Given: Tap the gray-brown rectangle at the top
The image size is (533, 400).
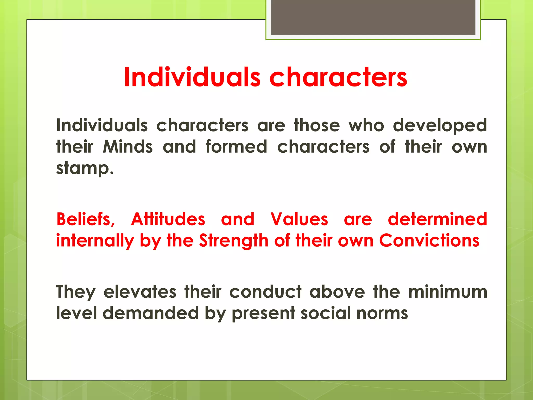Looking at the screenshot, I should click(x=373, y=17).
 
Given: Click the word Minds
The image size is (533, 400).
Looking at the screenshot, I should click(x=128, y=147).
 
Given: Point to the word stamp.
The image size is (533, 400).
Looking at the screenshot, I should click(x=85, y=168).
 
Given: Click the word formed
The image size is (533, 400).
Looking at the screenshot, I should click(x=236, y=147).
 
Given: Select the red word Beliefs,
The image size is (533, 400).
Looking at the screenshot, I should click(x=86, y=219).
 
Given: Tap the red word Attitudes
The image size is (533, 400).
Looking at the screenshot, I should click(x=168, y=219).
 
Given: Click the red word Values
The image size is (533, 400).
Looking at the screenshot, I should click(x=299, y=219).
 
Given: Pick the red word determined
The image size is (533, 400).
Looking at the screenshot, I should click(x=437, y=219).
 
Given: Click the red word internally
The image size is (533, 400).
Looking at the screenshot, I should click(x=95, y=241).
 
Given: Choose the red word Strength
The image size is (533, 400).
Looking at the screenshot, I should click(x=233, y=241).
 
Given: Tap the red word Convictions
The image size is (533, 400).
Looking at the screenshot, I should click(x=429, y=241).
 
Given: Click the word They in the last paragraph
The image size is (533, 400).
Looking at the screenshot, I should click(x=76, y=292).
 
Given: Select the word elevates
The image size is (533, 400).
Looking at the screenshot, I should click(x=140, y=292).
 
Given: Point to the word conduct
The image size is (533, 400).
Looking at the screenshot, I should click(x=265, y=292).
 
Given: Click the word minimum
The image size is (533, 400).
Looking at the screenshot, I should click(x=448, y=292).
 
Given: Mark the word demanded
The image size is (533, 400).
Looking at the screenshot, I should click(x=151, y=313).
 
